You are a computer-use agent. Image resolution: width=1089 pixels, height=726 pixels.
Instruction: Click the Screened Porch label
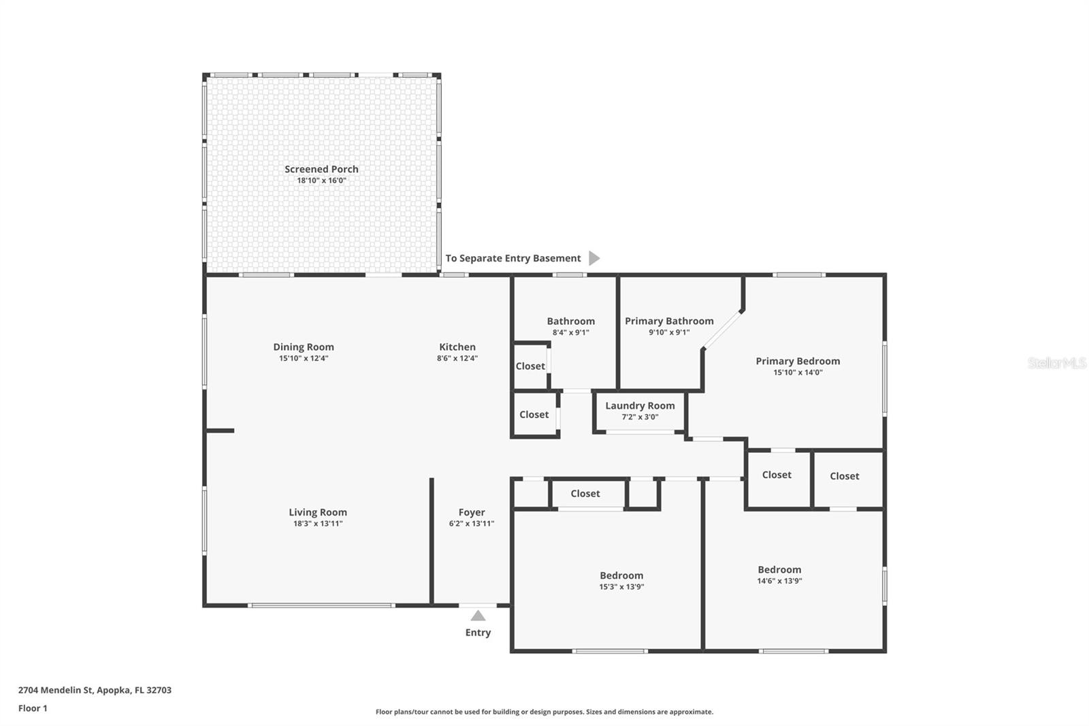321,169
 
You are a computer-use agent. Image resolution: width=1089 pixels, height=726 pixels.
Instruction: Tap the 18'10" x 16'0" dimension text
321,180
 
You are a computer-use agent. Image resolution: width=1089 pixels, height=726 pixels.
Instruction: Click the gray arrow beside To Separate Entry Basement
594,258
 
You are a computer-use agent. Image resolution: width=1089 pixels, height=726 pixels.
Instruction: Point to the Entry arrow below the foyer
478,616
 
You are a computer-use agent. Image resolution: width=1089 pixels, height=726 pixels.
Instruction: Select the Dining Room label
304,347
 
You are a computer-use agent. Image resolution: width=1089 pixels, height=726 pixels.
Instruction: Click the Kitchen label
457,347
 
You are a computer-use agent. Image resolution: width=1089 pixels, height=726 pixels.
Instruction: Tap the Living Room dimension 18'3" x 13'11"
317,524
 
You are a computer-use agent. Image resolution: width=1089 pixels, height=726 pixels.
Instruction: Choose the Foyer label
472,512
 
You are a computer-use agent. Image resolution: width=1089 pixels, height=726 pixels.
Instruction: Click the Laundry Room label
640,405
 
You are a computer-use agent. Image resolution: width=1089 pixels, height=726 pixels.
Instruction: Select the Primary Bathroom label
669,321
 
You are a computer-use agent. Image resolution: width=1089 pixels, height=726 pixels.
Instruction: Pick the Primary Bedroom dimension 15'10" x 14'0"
798,373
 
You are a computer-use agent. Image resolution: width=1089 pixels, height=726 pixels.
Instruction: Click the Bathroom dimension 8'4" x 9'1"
570,332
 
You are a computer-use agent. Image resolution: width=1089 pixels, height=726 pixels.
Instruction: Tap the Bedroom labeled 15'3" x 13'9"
621,575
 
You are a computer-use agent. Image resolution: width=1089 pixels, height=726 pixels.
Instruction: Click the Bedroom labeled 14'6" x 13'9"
779,569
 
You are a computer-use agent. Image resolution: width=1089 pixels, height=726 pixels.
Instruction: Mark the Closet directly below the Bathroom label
530,366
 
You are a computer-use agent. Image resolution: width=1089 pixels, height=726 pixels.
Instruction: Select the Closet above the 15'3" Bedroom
585,493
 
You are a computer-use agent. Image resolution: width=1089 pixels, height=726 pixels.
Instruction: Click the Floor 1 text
33,708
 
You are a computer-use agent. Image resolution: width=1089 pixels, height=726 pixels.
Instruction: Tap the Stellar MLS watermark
1056,363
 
